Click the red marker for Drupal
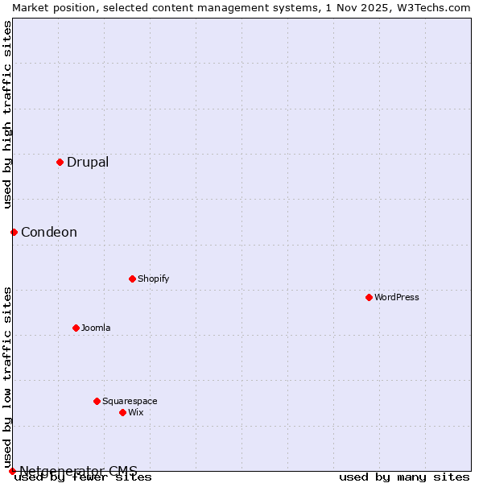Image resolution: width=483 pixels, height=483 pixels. point(60,162)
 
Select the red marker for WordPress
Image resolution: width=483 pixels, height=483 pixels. point(369,297)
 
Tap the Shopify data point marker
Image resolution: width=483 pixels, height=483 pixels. point(132,279)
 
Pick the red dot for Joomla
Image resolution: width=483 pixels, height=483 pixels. point(76,328)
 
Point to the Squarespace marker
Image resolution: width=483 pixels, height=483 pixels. point(97,401)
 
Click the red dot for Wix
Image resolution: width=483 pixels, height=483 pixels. point(122,412)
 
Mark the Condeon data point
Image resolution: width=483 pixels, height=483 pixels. point(14,232)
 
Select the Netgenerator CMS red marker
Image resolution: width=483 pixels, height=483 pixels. point(12,471)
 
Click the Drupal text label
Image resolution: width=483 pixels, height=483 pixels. point(88,162)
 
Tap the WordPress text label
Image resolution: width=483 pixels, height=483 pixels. point(397,297)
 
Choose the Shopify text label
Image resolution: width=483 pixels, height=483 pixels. point(154,279)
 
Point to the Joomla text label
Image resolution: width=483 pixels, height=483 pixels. point(96,328)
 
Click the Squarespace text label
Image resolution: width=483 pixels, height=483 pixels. point(130,401)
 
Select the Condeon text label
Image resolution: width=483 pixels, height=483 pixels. point(49,232)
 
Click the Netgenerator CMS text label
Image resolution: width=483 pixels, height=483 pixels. point(79,470)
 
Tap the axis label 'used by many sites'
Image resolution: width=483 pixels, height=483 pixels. point(404,477)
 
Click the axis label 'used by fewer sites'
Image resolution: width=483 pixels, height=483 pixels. point(84,477)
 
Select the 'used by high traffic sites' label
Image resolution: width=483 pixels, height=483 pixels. point(8,114)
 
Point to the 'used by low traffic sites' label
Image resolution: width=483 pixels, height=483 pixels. point(8,377)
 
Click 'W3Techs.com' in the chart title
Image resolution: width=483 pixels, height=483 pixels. point(438,7)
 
